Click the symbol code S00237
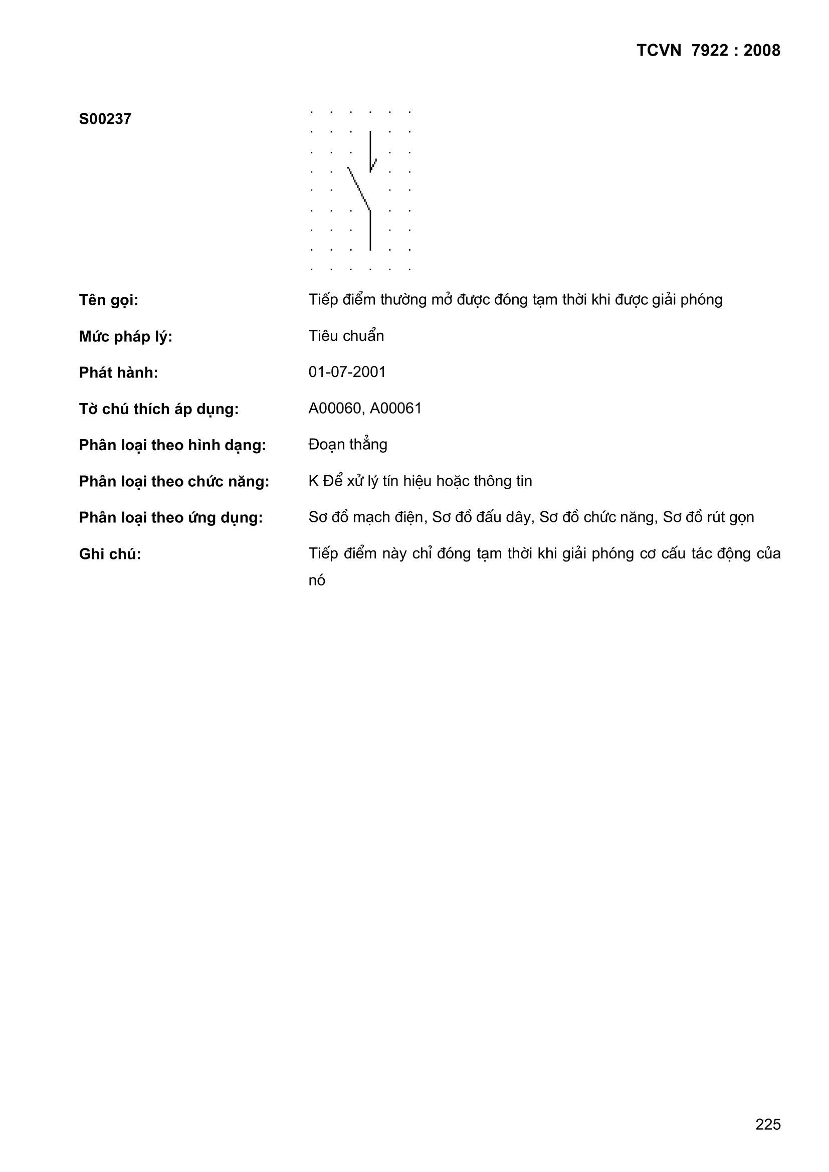pyautogui.click(x=105, y=119)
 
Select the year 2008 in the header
pyautogui.click(x=762, y=51)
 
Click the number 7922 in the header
pyautogui.click(x=710, y=51)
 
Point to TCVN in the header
pyautogui.click(x=659, y=51)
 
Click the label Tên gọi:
pyautogui.click(x=108, y=300)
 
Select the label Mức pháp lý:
pyautogui.click(x=126, y=337)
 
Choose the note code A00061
pyautogui.click(x=396, y=409)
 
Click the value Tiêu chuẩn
pyautogui.click(x=346, y=336)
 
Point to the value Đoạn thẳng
pyautogui.click(x=348, y=445)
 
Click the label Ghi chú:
pyautogui.click(x=110, y=554)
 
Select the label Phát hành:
pyautogui.click(x=118, y=373)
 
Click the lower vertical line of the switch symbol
pyautogui.click(x=370, y=230)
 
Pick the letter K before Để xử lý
pyautogui.click(x=313, y=481)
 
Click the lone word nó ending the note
pyautogui.click(x=316, y=580)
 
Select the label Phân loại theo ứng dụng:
pyautogui.click(x=170, y=518)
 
